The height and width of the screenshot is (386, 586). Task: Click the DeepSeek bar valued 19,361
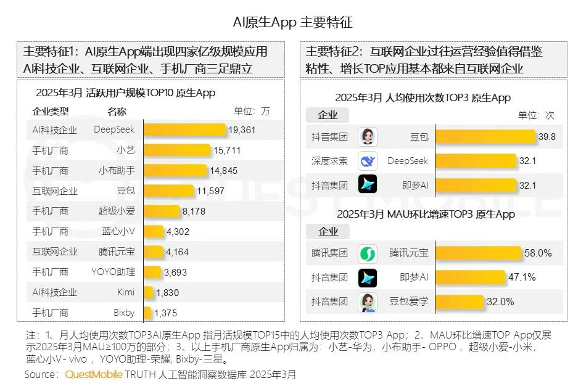pos(184,130)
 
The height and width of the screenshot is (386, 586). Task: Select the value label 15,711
pos(226,150)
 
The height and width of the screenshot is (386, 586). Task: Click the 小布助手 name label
pos(117,171)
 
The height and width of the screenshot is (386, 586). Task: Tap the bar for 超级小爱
pos(162,211)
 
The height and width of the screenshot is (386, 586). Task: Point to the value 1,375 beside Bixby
pos(165,313)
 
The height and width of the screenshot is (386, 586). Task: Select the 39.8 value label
pos(547,137)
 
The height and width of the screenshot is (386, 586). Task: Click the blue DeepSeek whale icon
pos(368,161)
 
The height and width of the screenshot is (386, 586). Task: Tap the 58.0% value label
pos(539,253)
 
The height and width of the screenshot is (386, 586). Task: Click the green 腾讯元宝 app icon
pos(368,253)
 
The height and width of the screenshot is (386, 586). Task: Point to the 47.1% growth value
pos(521,277)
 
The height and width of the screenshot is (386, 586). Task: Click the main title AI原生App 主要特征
pos(292,23)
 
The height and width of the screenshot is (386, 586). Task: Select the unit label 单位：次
pos(536,115)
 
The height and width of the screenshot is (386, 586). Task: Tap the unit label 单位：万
pos(252,112)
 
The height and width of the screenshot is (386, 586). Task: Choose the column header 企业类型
pos(51,112)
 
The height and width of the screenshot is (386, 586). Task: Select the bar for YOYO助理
pos(152,273)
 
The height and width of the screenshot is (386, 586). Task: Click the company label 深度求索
pos(329,161)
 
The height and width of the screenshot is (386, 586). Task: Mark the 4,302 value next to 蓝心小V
pos(178,232)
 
